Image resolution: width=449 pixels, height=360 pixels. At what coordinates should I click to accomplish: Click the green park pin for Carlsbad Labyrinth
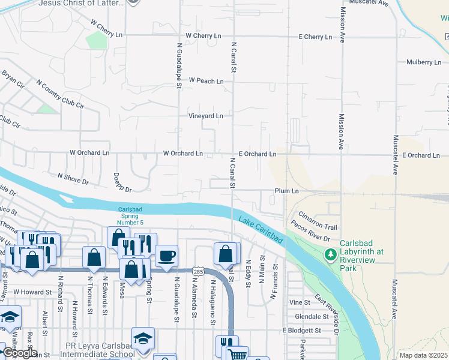click(x=330, y=255)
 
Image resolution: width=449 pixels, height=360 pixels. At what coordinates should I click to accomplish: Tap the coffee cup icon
click(x=166, y=255)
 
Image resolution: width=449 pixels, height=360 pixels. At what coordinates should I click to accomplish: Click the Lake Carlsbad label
click(x=261, y=229)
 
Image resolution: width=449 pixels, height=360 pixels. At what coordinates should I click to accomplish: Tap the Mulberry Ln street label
click(x=423, y=62)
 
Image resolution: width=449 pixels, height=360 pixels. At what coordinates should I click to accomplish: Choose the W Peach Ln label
click(x=206, y=80)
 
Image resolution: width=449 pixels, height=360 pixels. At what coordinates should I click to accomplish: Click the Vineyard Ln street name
click(x=206, y=116)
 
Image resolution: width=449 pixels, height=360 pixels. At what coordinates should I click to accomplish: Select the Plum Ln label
click(x=286, y=191)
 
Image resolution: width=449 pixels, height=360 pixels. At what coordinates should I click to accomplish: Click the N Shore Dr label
click(x=73, y=178)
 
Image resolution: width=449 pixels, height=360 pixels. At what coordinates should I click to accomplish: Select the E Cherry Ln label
click(x=315, y=37)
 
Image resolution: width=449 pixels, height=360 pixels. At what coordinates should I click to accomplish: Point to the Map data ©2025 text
click(x=423, y=355)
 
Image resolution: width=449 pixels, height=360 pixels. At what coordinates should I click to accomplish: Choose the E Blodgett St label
click(x=304, y=331)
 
